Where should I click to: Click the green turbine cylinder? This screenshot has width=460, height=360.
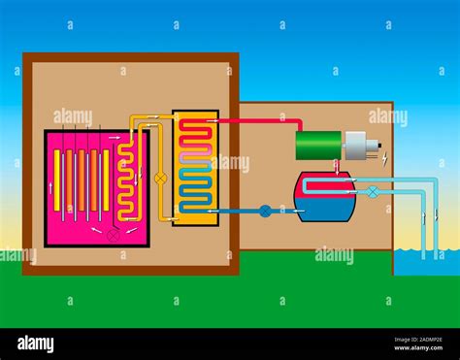click(x=318, y=145)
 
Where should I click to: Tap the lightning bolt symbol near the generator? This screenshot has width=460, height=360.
click(x=384, y=156)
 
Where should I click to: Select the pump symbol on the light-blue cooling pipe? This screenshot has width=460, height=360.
click(x=372, y=192)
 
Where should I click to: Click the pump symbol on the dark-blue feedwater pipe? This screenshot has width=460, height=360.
click(x=264, y=211)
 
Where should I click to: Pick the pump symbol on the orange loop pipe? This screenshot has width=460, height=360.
click(x=161, y=179)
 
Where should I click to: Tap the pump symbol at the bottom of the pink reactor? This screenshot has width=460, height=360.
click(x=114, y=234)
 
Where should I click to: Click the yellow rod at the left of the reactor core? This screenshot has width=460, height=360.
click(x=57, y=180)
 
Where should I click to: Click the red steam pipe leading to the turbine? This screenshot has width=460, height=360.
click(x=262, y=121)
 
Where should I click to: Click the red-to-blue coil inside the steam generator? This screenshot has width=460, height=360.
click(x=195, y=167)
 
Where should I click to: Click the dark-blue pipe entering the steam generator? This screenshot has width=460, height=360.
click(x=233, y=211)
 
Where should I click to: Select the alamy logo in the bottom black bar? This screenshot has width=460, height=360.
click(x=34, y=344)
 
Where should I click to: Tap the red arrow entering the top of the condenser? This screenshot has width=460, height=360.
click(x=337, y=165)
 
